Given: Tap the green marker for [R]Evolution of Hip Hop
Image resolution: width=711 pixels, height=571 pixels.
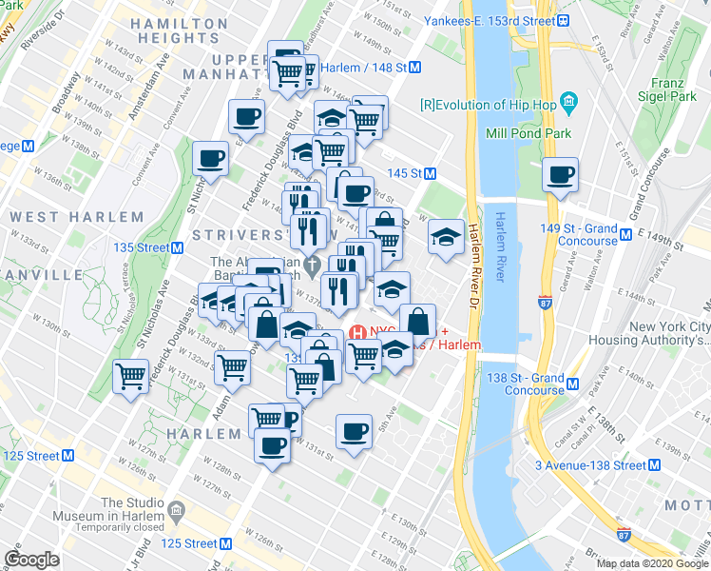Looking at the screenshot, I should click(x=568, y=101).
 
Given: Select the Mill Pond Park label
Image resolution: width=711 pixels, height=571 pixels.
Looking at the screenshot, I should click(x=530, y=133).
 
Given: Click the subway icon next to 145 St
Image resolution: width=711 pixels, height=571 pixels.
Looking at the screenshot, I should click(x=431, y=173).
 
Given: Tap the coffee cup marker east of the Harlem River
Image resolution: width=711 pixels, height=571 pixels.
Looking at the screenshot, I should click(x=561, y=175).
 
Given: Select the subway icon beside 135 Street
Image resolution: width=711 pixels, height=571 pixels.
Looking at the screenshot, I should click(x=178, y=247).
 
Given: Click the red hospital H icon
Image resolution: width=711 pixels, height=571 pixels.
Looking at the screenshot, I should click(x=358, y=333).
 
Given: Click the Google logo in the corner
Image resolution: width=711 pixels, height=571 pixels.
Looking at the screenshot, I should click(x=31, y=559).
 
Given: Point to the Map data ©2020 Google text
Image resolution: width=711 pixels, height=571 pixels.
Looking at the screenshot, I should click(x=651, y=563).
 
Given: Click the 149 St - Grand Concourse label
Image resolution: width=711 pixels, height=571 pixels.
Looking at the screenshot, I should click(x=578, y=235).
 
